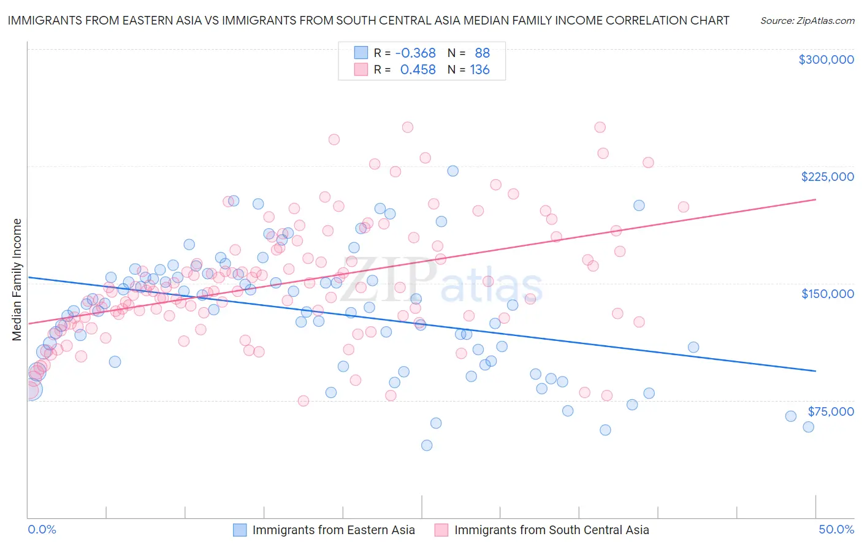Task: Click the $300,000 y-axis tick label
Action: tap(826, 59)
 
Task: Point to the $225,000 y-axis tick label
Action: tap(827, 177)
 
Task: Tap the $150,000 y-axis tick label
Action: tap(827, 294)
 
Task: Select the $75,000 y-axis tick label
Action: tap(830, 411)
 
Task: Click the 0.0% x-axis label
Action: tap(42, 529)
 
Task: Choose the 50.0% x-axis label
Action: tap(836, 529)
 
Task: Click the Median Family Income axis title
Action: tap(17, 280)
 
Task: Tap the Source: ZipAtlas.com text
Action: tap(807, 20)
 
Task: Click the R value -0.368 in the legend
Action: tap(415, 53)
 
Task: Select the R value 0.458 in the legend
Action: tap(418, 70)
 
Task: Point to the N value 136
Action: tap(479, 70)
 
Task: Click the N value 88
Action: tap(482, 53)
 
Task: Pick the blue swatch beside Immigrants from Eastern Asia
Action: tap(240, 530)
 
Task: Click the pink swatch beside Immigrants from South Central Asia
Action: tap(441, 530)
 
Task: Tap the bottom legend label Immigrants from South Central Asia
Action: tap(551, 530)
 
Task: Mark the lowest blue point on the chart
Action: tap(427, 445)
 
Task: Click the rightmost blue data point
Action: tap(808, 427)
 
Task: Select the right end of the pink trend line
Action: tap(815, 199)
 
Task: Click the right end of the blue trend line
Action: tap(815, 371)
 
